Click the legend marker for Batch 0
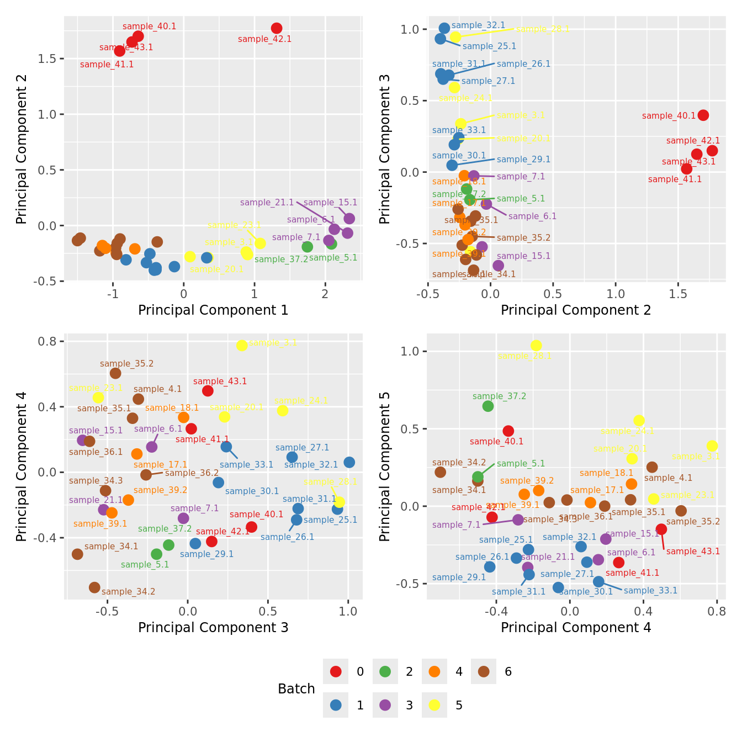point(336,672)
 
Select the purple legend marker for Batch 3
point(385,705)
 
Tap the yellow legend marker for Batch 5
point(434,705)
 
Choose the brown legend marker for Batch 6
point(484,672)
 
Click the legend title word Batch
point(296,689)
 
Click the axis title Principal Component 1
point(213,310)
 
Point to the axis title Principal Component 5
point(385,467)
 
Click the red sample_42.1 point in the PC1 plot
point(277,28)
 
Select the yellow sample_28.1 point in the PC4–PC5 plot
point(536,346)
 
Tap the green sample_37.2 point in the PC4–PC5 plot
point(488,406)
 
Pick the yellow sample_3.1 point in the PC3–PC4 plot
point(242,346)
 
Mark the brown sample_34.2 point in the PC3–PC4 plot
point(94,587)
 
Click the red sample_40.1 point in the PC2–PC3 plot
point(703,115)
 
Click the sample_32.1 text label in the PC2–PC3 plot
point(478,25)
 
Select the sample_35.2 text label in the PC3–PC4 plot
point(127,364)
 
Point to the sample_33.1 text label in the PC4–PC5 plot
point(650,591)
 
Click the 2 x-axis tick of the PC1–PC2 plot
point(325,294)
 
